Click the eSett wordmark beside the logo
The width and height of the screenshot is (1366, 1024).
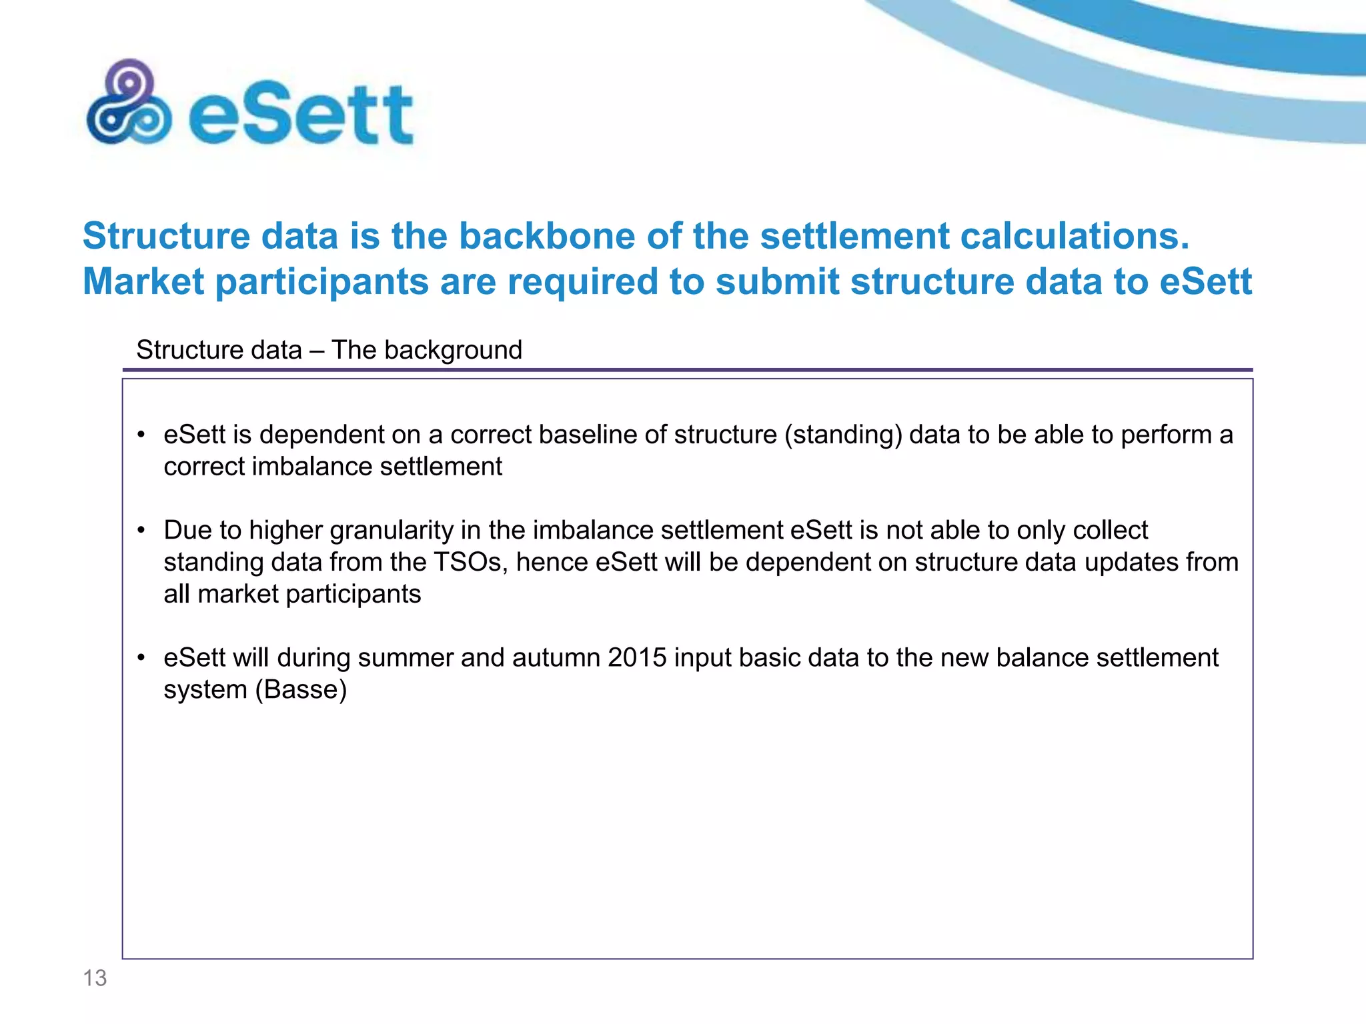pos(301,115)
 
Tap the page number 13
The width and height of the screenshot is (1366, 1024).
pos(95,978)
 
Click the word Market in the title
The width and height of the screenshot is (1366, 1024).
pos(143,281)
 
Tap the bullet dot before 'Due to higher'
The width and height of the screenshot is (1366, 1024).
pos(141,531)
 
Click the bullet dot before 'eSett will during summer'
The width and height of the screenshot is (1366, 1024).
pos(141,659)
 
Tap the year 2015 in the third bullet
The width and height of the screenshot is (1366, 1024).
pos(637,658)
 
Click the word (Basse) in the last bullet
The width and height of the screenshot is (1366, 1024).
pos(301,690)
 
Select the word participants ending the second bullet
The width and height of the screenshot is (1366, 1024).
pos(354,594)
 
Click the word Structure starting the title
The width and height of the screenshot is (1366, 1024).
pos(166,236)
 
